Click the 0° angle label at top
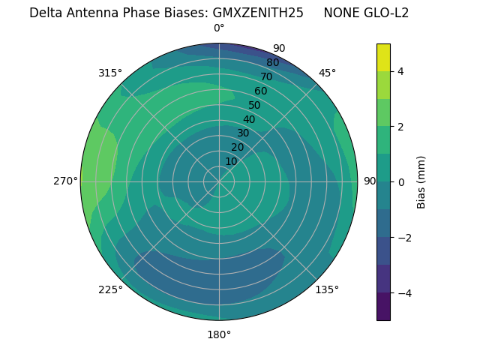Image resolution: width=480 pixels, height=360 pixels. (x=219, y=28)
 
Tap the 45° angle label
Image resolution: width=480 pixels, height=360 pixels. (x=327, y=73)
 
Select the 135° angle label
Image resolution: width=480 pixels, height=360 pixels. (x=327, y=289)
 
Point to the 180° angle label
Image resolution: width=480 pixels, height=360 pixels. (x=219, y=334)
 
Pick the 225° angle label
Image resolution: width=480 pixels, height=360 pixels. (x=110, y=289)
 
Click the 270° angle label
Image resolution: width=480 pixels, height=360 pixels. (x=65, y=181)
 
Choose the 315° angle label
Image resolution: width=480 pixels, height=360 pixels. (x=110, y=73)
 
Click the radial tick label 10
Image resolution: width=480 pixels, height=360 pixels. (x=231, y=161)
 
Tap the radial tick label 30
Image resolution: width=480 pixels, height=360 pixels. (x=243, y=133)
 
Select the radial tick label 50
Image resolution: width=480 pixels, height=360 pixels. (x=255, y=105)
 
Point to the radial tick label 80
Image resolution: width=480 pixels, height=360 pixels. (x=273, y=62)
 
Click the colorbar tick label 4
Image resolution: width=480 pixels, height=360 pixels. (x=401, y=71)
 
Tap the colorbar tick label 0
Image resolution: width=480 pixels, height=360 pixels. (x=401, y=182)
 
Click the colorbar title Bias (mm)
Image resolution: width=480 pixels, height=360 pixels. (x=421, y=181)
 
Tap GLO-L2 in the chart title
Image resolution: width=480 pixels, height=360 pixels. (x=386, y=13)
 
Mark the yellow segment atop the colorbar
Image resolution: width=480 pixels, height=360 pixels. (x=383, y=57)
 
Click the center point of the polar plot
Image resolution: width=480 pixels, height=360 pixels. (x=219, y=181)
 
